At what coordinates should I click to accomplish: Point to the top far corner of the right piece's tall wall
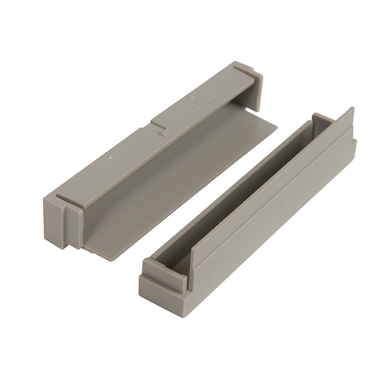click(352, 108)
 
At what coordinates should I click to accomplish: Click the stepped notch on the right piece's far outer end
click(353, 144)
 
